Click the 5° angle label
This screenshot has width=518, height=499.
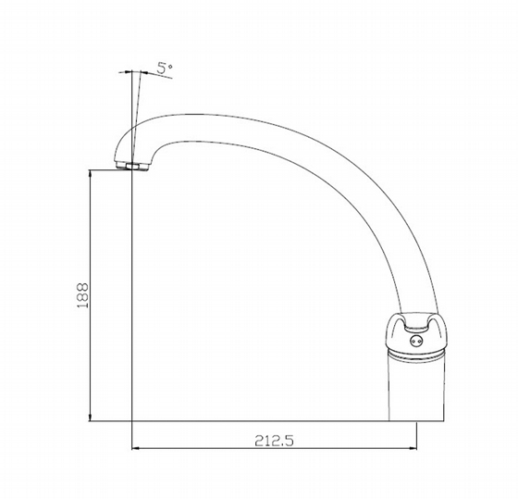point(165,68)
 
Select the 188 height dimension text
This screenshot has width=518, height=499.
point(82,295)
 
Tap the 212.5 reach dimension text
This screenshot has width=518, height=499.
point(274,441)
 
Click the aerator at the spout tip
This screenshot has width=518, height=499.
point(132,166)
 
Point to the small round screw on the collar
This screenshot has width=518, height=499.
point(415,341)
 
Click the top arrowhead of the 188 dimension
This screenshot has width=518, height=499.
point(91,174)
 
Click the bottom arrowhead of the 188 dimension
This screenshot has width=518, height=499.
point(91,417)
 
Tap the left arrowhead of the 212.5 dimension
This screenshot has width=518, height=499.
point(136,448)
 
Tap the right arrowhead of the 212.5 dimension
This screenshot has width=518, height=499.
point(413,448)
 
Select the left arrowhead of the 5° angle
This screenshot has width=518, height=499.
point(128,71)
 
